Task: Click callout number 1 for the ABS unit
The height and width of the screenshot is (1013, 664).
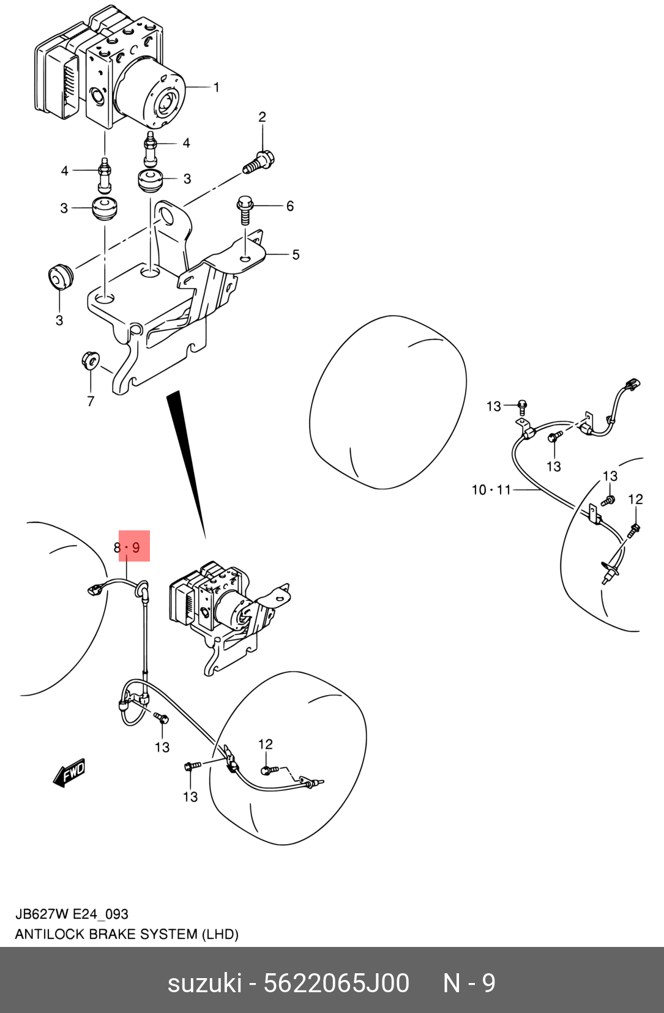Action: click(216, 87)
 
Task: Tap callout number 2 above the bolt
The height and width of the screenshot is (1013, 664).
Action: click(263, 117)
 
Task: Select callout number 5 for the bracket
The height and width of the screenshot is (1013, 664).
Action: click(296, 254)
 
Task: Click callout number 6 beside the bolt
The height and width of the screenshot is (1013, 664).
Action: click(290, 206)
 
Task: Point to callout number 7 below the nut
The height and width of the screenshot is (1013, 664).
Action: click(91, 401)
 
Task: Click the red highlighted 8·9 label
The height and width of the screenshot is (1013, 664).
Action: click(135, 546)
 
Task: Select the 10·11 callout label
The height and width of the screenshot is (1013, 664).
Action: click(491, 490)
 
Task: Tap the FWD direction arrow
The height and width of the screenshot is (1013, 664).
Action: click(69, 773)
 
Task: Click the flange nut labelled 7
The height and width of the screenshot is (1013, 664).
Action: click(89, 360)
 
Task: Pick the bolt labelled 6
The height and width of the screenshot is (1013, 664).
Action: click(244, 209)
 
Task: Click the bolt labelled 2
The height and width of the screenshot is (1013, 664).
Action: click(259, 163)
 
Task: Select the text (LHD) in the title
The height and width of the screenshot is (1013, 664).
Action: click(220, 934)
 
